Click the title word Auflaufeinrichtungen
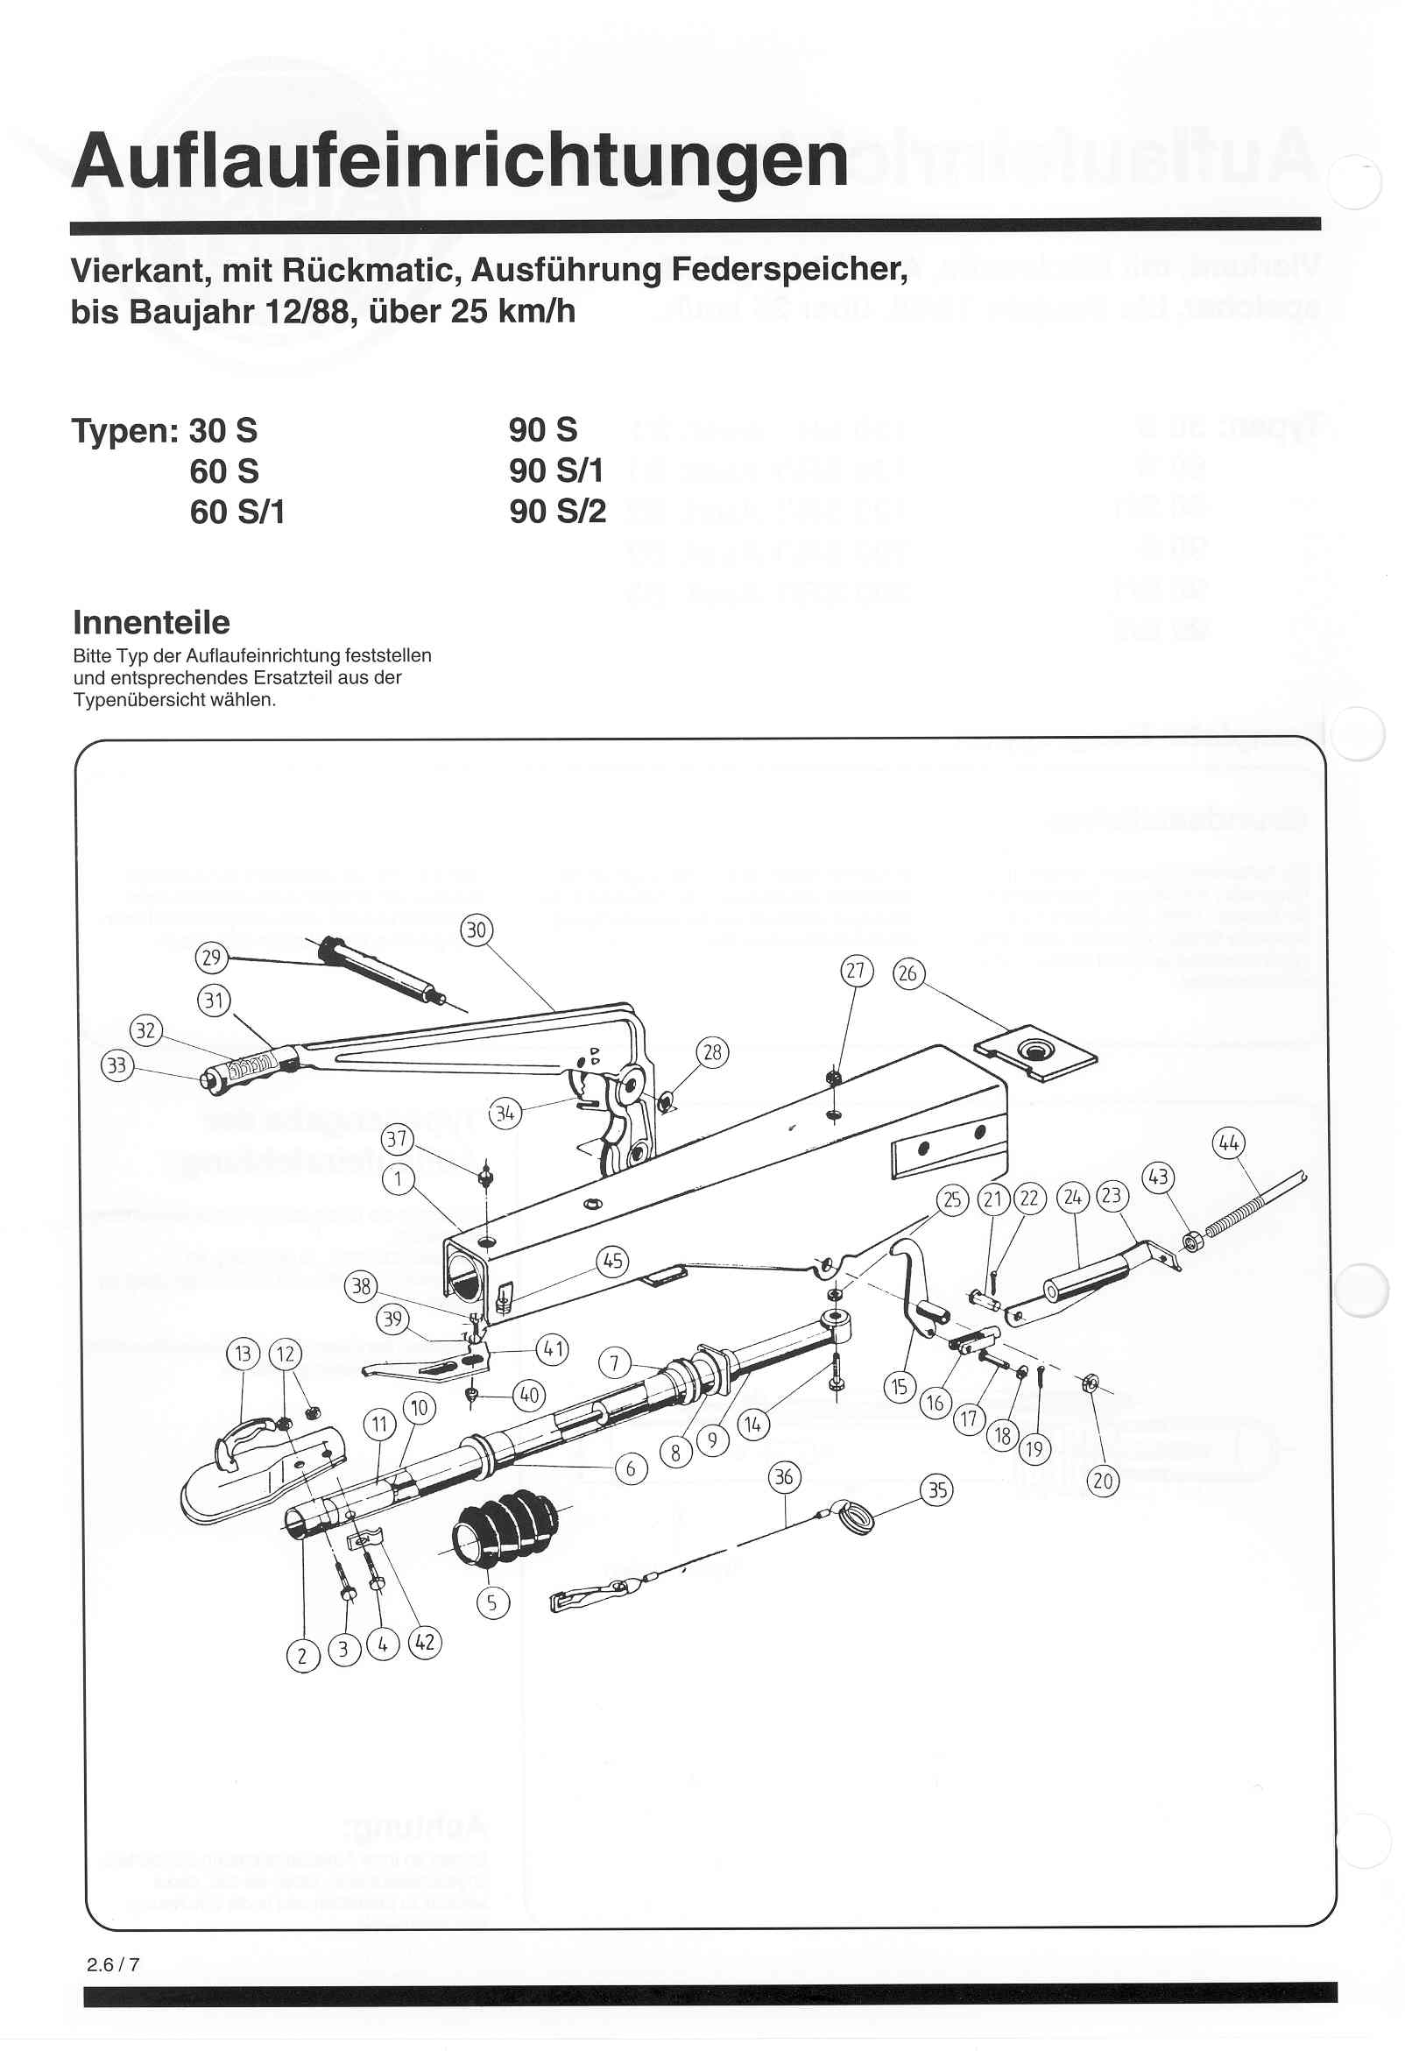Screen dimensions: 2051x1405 (459, 160)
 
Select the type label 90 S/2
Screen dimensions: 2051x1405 (557, 511)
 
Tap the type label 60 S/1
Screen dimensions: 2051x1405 (237, 512)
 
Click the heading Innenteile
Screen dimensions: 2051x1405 (151, 622)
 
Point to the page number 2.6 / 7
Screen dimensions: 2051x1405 (113, 1964)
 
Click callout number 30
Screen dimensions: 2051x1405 (476, 930)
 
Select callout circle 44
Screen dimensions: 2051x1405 (1228, 1143)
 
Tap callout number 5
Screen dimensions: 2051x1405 (492, 1602)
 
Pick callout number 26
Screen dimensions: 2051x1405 (907, 973)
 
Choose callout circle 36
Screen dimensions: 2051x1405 (784, 1476)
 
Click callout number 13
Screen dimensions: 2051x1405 (244, 1354)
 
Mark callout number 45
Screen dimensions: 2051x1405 (612, 1261)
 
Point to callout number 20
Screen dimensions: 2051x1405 (1103, 1480)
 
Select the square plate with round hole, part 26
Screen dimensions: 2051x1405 (1034, 1052)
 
